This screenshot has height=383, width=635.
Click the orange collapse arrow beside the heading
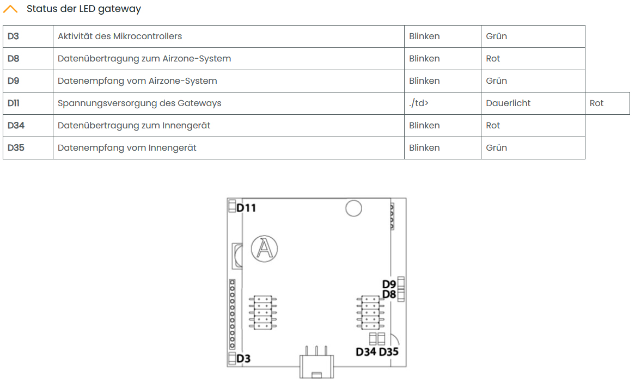click(x=10, y=9)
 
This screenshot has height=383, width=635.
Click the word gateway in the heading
click(x=120, y=9)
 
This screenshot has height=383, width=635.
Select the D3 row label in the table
click(x=14, y=36)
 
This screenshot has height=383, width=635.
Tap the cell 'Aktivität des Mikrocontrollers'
click(x=120, y=36)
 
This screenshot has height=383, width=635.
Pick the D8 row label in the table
click(x=14, y=59)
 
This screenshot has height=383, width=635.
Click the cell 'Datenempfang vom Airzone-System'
click(x=137, y=81)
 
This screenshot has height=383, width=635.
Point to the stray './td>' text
click(x=419, y=103)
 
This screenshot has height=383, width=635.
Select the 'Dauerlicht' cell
click(x=508, y=103)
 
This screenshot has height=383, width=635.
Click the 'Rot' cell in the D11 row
click(x=596, y=103)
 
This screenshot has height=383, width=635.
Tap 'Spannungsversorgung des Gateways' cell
click(x=139, y=103)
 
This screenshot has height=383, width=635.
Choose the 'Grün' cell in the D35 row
click(x=496, y=148)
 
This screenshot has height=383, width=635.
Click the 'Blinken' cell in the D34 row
click(x=424, y=126)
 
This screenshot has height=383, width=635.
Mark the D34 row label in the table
click(x=16, y=126)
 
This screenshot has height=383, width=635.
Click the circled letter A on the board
click(x=264, y=249)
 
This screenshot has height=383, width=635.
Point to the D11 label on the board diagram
click(x=246, y=208)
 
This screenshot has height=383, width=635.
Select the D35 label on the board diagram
click(x=389, y=352)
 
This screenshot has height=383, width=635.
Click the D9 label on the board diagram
click(x=389, y=284)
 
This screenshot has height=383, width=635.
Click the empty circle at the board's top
click(x=354, y=208)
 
